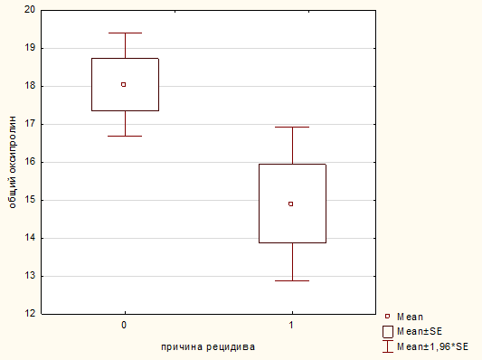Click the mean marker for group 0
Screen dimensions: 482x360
point(124,84)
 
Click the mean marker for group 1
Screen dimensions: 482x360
point(291,204)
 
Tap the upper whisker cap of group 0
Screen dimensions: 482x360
point(125,33)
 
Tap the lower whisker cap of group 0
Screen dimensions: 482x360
point(125,136)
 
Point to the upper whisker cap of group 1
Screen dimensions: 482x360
point(292,127)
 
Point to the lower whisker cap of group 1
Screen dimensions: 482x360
point(292,280)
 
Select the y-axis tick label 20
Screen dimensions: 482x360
point(30,10)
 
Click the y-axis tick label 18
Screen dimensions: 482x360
point(30,86)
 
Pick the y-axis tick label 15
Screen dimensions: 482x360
point(30,200)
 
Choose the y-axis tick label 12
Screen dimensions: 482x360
point(30,313)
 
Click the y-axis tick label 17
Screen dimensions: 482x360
point(30,124)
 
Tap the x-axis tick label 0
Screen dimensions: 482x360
point(124,325)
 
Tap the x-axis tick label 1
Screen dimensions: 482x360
point(291,325)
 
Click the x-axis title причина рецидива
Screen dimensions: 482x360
point(208,347)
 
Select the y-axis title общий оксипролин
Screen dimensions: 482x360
point(13,162)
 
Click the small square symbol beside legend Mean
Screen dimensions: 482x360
point(387,316)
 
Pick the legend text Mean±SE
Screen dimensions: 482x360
point(420,331)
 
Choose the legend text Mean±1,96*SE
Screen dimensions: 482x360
point(432,346)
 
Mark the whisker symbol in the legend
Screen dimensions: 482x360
point(388,346)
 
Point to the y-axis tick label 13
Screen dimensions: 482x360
point(30,276)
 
